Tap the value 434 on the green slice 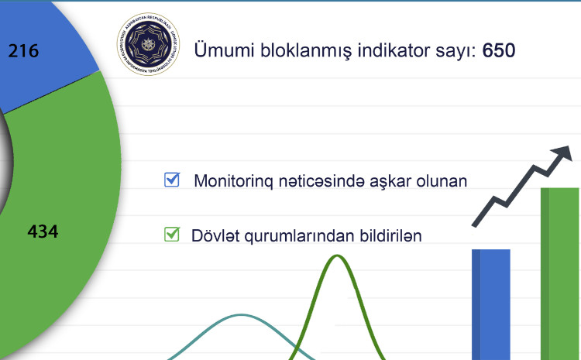[x=43, y=231]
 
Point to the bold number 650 [x=499, y=51]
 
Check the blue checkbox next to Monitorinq [x=172, y=180]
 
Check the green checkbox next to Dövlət [x=172, y=233]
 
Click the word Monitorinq [x=232, y=182]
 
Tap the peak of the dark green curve [x=337, y=255]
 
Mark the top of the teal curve [x=242, y=315]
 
